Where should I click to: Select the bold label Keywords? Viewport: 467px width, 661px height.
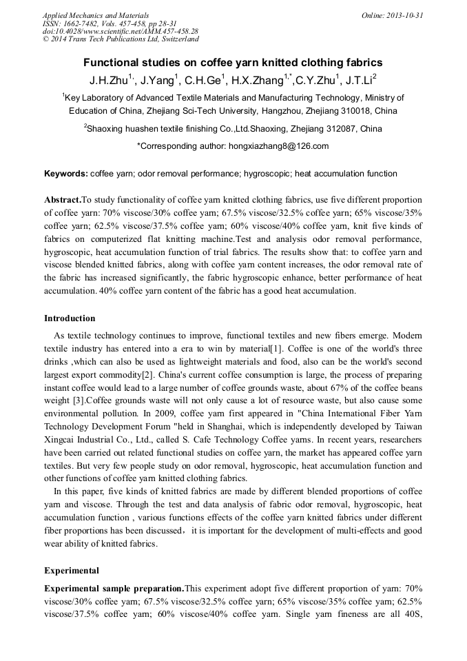click(65, 174)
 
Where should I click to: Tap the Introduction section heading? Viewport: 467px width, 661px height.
click(70, 318)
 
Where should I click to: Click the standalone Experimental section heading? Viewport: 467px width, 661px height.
click(72, 571)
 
